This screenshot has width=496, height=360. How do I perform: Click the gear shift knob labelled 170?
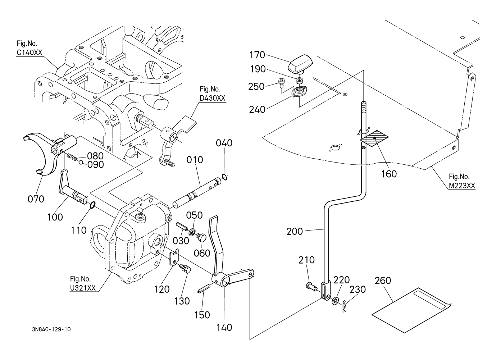300,64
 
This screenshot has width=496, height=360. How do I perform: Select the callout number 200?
295,232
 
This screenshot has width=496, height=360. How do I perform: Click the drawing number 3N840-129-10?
51,329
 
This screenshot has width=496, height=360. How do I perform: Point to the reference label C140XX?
29,53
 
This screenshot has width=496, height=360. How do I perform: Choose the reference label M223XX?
462,186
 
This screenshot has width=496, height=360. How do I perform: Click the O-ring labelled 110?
92,205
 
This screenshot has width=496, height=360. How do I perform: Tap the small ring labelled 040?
224,177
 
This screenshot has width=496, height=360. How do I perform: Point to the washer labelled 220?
335,301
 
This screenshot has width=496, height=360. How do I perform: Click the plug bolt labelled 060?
201,238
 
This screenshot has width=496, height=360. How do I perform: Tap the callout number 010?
195,160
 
